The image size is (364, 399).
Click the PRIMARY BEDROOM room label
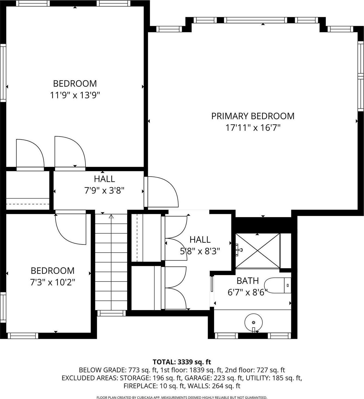coord(253,116)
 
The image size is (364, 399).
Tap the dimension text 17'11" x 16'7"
coord(253,128)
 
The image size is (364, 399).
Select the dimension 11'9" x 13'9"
coord(75,95)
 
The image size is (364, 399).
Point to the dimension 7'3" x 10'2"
coord(53,282)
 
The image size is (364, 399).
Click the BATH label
coord(247,281)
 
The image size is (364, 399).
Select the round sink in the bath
coord(253,322)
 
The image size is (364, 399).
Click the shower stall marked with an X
coord(257,251)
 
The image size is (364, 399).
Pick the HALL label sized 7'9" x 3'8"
coord(104,179)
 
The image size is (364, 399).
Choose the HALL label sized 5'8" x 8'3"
coord(200,240)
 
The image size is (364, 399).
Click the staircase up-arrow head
coord(111,217)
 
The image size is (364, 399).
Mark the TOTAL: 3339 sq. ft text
coord(182,362)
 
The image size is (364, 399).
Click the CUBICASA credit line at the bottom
coord(182,398)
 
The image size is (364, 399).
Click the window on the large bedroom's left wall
coord(3,73)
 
